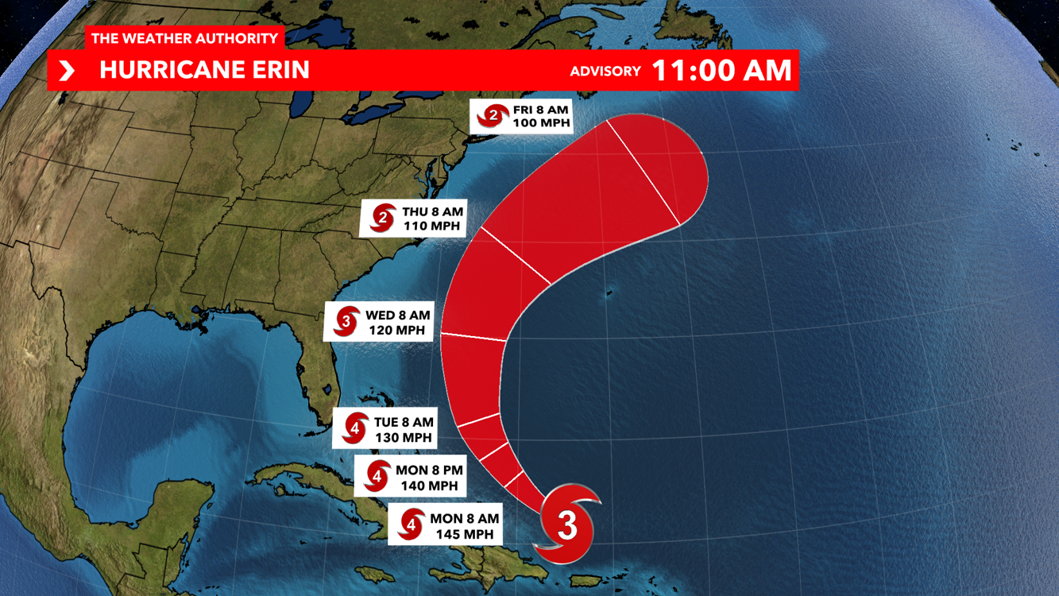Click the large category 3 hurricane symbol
point(566,525)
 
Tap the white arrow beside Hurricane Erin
point(68,71)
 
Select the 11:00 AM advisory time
point(721,70)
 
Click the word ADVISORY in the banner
point(605,72)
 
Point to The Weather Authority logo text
point(184,38)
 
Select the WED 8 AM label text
point(397,315)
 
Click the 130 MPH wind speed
point(404,437)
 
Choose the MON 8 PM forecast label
point(429,470)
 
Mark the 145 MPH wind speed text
point(464,534)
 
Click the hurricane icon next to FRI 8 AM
point(493,117)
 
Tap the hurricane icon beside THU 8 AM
point(383,219)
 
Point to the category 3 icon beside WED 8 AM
point(346,322)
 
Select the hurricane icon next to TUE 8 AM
point(354,430)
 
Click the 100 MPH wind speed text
point(543,123)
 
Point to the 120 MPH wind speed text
point(398,330)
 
